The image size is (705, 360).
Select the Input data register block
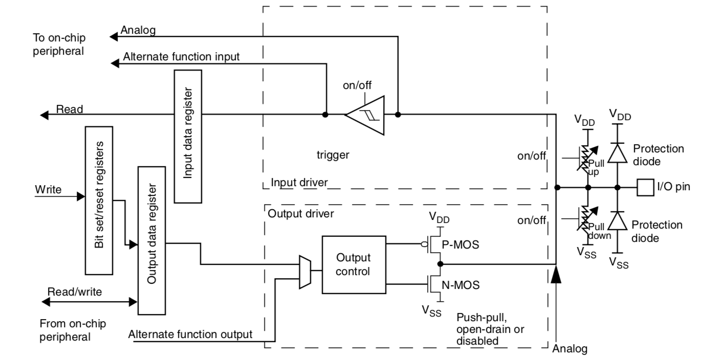188,136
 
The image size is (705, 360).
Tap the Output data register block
151,240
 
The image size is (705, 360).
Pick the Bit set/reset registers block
98,199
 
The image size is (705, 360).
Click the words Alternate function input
181,57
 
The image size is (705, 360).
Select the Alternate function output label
190,335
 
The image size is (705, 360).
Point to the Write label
48,190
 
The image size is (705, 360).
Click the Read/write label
75,291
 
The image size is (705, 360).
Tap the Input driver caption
299,183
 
